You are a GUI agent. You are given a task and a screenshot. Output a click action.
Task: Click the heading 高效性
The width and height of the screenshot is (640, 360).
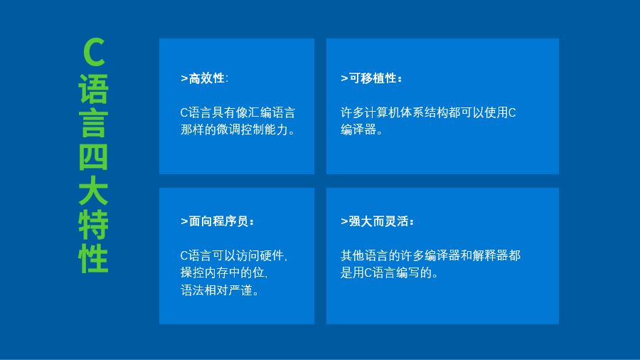206,78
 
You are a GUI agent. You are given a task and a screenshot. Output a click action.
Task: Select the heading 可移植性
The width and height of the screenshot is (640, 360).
373,78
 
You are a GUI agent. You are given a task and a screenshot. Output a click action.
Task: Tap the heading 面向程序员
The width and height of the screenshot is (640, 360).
218,221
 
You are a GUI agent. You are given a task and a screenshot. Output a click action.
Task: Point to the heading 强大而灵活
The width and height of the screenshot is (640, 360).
379,221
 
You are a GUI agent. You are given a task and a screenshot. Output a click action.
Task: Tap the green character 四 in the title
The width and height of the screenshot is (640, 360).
93,157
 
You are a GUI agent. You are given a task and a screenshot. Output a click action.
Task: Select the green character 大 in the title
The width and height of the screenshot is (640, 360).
93,191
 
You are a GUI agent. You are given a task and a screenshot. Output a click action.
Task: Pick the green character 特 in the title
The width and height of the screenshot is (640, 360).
93,225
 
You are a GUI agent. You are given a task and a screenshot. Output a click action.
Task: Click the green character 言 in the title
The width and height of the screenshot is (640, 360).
93,123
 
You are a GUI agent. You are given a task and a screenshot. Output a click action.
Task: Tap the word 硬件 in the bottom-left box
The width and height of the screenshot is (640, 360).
272,256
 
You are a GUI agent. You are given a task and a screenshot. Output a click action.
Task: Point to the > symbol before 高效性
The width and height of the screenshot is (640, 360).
184,78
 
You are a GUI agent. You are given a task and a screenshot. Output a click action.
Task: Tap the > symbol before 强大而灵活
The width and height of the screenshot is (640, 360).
344,222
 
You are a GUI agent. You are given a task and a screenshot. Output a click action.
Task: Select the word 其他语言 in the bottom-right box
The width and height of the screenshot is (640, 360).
365,255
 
